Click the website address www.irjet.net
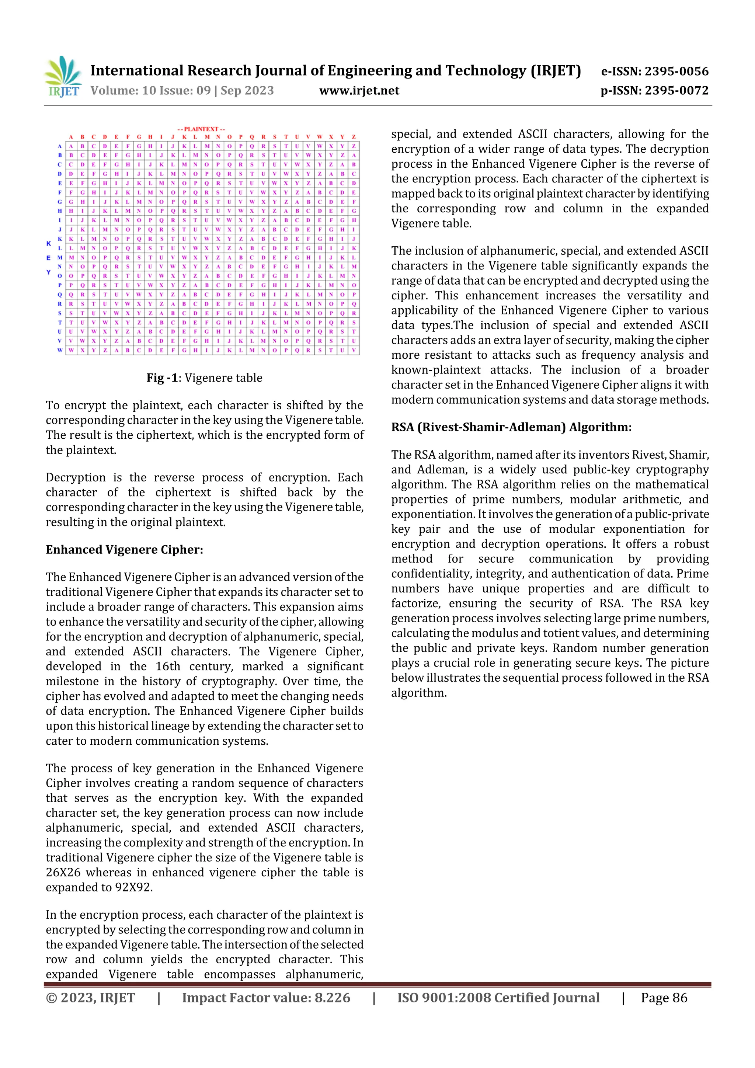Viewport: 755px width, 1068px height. tap(359, 91)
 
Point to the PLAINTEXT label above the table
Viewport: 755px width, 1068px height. tap(201, 129)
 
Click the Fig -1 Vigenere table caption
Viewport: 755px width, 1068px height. tap(204, 378)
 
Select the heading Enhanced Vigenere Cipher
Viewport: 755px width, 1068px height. tap(124, 550)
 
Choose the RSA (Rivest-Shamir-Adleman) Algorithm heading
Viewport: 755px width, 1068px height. tap(511, 427)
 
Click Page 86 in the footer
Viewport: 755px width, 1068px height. tap(664, 998)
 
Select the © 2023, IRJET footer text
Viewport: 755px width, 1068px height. tap(90, 998)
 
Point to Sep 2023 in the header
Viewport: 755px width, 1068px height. tap(247, 91)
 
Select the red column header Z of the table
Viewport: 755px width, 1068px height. tap(354, 137)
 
